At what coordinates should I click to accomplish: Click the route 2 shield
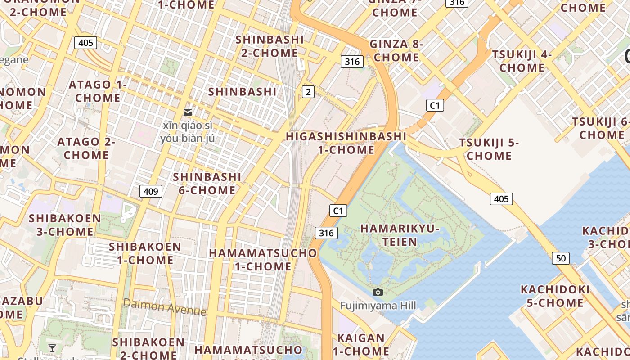[x=308, y=92]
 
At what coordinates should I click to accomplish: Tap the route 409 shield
[x=150, y=191]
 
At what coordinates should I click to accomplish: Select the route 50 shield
[x=561, y=258]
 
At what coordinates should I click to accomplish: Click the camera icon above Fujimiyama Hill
[x=378, y=292]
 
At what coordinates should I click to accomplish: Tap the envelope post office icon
[x=188, y=112]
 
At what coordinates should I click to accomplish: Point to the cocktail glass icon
[x=52, y=348]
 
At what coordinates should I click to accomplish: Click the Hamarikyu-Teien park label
[x=400, y=235]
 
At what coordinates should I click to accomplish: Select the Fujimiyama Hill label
[x=378, y=306]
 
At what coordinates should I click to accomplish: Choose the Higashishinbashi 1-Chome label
[x=346, y=143]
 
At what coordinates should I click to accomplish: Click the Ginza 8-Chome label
[x=396, y=50]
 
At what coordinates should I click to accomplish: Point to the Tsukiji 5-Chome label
[x=489, y=149]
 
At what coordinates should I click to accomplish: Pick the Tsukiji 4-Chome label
[x=522, y=61]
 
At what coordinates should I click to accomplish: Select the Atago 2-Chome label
[x=86, y=148]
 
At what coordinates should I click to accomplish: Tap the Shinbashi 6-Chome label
[x=207, y=183]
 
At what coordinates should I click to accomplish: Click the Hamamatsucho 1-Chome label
[x=263, y=259]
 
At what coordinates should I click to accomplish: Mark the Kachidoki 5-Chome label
[x=555, y=296]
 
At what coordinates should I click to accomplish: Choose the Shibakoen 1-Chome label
[x=145, y=253]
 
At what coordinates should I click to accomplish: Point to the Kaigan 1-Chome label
[x=361, y=344]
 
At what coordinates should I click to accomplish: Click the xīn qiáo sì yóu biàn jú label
[x=188, y=131]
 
